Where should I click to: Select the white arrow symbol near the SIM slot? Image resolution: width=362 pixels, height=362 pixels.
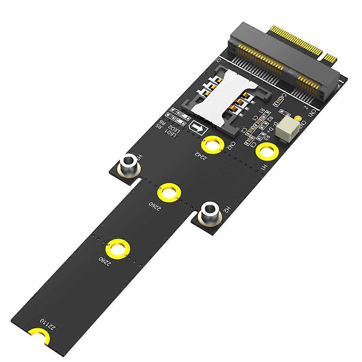click(198, 128)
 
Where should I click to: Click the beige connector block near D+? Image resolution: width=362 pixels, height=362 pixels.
click(288, 128)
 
